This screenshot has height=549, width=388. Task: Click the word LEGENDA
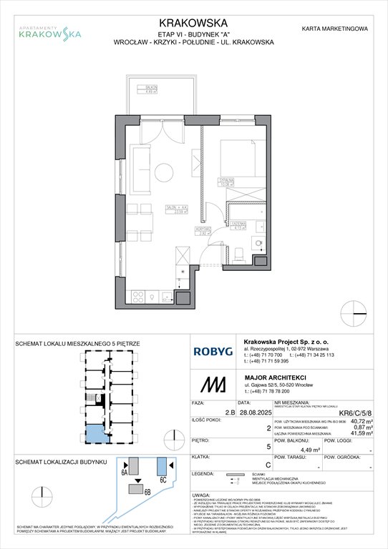click(207, 494)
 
